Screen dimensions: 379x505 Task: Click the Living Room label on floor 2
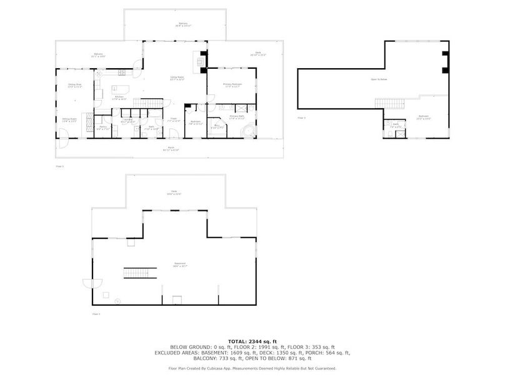(x=177, y=78)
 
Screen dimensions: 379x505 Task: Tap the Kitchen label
(x=119, y=97)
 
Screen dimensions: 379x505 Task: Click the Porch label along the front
(x=171, y=149)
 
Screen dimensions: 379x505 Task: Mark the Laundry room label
(x=127, y=119)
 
